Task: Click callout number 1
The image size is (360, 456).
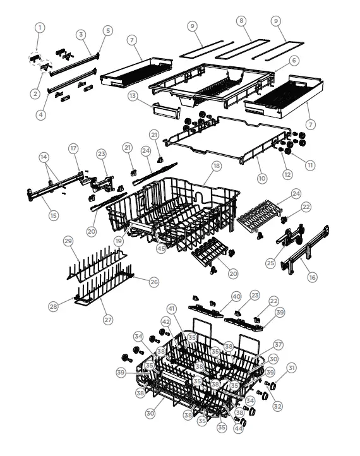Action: (x=40, y=27)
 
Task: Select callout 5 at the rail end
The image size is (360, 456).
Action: (x=108, y=30)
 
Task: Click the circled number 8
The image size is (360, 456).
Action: (x=241, y=21)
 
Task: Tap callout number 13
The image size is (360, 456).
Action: (x=133, y=95)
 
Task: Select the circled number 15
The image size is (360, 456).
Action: (x=54, y=215)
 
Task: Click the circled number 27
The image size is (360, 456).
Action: (x=108, y=320)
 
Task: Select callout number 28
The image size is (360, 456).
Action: (x=54, y=306)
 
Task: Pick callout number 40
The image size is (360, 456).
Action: (x=236, y=296)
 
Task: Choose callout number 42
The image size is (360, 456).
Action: (x=148, y=322)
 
